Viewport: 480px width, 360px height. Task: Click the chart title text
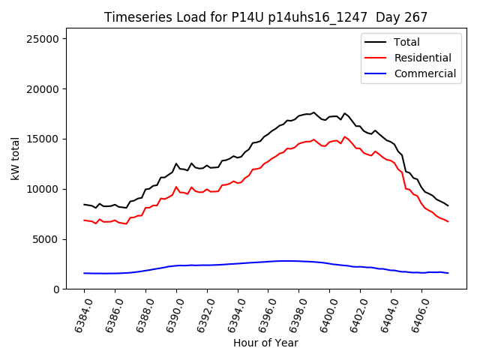(265, 17)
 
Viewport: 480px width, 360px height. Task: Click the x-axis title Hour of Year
(265, 343)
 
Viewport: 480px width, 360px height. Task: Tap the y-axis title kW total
(15, 163)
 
